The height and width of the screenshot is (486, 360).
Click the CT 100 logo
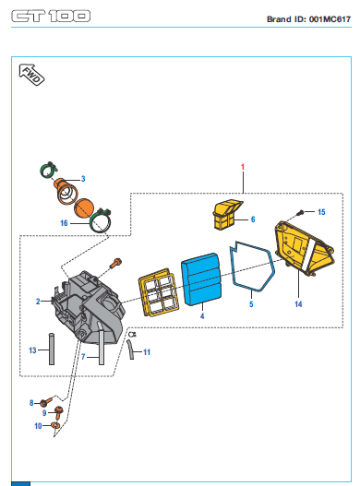click(51, 16)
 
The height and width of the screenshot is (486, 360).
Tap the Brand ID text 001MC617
click(330, 19)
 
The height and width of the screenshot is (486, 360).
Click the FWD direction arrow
click(31, 75)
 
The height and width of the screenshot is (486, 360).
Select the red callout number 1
click(243, 167)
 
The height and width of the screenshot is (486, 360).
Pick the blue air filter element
click(202, 279)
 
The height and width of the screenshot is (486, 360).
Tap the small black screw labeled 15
click(300, 213)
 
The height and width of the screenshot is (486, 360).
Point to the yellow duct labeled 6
click(226, 215)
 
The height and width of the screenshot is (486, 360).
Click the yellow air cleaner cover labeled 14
click(304, 248)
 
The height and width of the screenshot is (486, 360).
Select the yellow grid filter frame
click(158, 292)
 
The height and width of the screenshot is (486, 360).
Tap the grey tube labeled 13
click(52, 349)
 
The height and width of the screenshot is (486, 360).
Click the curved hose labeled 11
click(130, 350)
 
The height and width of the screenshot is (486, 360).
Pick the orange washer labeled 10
click(55, 425)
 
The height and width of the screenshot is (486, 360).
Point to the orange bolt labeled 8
click(46, 402)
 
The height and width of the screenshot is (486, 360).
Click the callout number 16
click(64, 223)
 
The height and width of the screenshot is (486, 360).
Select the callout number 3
click(83, 179)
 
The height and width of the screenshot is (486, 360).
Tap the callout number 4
click(202, 316)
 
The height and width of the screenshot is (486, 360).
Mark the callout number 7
click(83, 357)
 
